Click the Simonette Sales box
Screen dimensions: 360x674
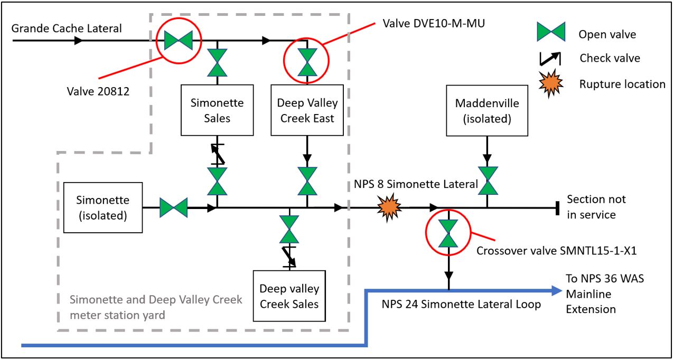(x=218, y=110)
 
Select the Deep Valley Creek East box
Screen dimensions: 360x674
(x=307, y=110)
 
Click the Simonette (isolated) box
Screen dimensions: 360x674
(x=103, y=207)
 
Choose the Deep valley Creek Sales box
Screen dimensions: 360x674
(x=289, y=296)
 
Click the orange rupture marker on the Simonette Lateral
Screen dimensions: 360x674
(x=390, y=207)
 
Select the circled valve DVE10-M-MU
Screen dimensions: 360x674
(x=307, y=62)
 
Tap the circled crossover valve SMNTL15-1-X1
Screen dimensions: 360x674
(x=448, y=233)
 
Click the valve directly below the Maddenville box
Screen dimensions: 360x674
(x=488, y=181)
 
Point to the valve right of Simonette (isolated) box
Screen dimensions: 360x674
(x=173, y=207)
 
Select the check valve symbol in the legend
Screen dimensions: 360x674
(x=551, y=59)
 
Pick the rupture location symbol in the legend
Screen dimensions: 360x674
(x=551, y=83)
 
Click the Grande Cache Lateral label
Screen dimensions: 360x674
(x=67, y=29)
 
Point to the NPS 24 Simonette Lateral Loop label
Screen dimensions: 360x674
(x=462, y=304)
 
